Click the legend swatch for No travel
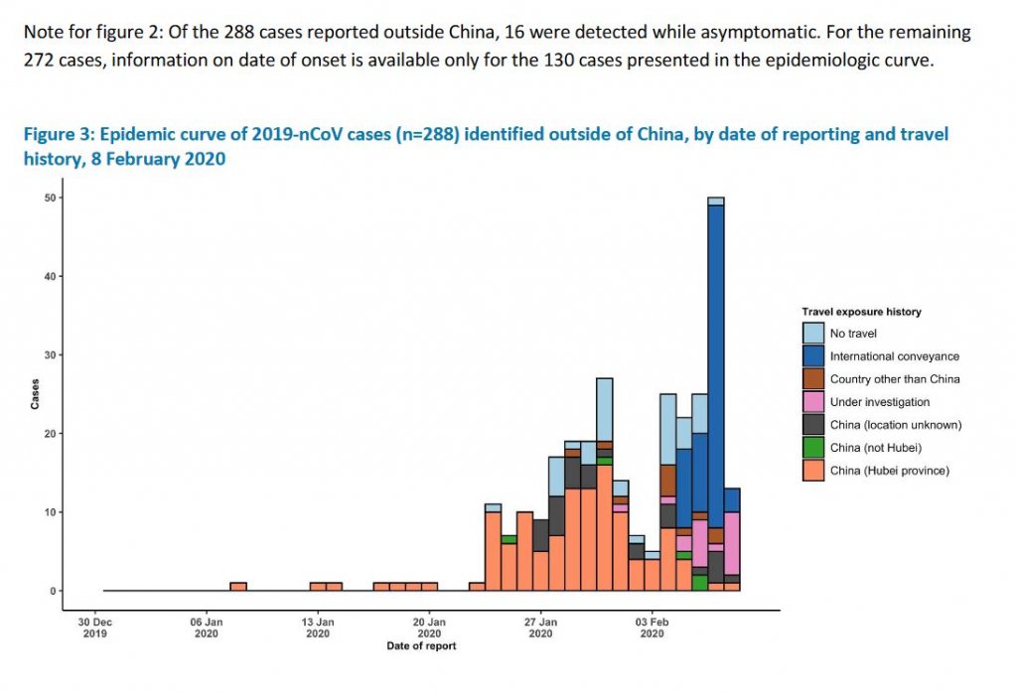(813, 334)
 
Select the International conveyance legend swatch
(813, 356)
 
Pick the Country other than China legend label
(895, 379)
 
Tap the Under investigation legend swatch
(813, 402)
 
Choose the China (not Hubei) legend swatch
(813, 448)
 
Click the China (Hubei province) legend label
(890, 471)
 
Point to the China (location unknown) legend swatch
(813, 425)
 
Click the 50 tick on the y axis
(49, 198)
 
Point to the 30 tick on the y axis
(49, 355)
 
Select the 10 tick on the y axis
(49, 512)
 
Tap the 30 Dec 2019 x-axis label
(95, 627)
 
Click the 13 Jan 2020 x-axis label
(318, 627)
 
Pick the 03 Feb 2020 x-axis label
(653, 627)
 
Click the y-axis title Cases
(35, 394)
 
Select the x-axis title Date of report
(421, 646)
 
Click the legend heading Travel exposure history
(861, 312)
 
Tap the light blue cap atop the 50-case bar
(715, 201)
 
